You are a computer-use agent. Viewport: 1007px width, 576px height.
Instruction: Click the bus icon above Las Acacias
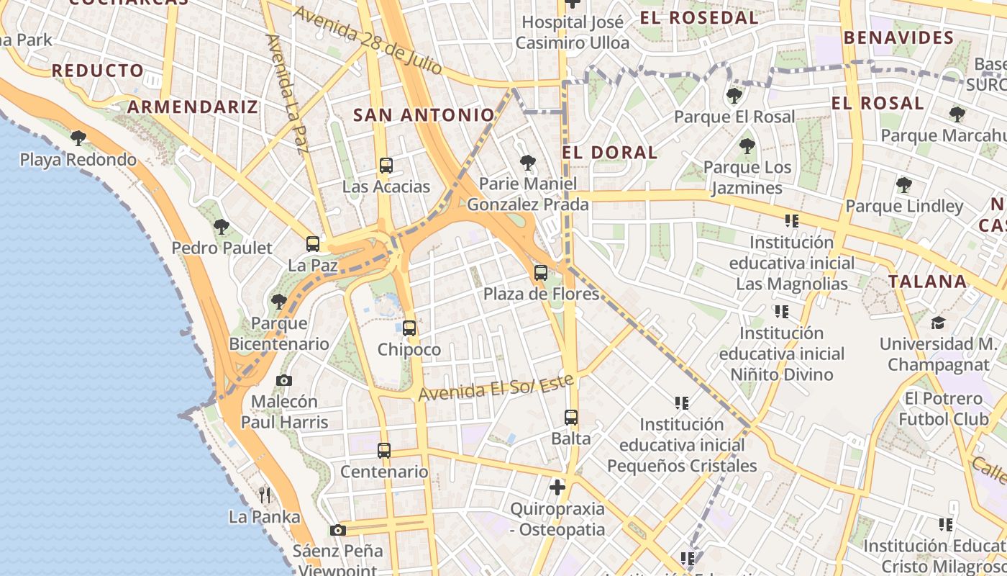pos(386,166)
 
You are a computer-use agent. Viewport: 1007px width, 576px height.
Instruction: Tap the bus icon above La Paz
pos(313,244)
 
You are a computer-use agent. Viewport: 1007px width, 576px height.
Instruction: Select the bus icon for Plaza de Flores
pos(541,273)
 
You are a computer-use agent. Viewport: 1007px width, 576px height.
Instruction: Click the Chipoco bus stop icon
pos(409,328)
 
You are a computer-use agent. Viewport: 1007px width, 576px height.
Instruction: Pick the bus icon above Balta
pos(571,418)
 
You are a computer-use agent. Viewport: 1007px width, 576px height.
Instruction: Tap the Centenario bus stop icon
pos(384,451)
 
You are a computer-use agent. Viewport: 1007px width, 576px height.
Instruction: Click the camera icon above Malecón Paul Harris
pos(284,380)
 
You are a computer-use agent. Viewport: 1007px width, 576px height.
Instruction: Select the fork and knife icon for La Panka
pos(265,495)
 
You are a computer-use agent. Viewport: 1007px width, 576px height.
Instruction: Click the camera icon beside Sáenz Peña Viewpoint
pos(337,531)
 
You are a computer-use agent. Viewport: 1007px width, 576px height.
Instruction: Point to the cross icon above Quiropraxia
pos(557,487)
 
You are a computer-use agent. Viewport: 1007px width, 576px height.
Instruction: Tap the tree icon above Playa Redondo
pos(78,138)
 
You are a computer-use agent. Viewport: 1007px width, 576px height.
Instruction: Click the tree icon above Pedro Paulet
pos(222,227)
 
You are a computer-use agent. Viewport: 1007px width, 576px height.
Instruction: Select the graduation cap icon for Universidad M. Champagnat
pos(938,323)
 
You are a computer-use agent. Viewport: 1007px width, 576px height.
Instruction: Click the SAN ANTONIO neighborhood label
pos(424,115)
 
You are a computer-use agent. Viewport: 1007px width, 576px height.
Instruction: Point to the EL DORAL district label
pos(610,153)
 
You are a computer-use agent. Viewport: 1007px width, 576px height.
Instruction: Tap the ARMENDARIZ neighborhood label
pos(193,107)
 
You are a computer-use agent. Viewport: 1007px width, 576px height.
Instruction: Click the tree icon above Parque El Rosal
pos(734,95)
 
